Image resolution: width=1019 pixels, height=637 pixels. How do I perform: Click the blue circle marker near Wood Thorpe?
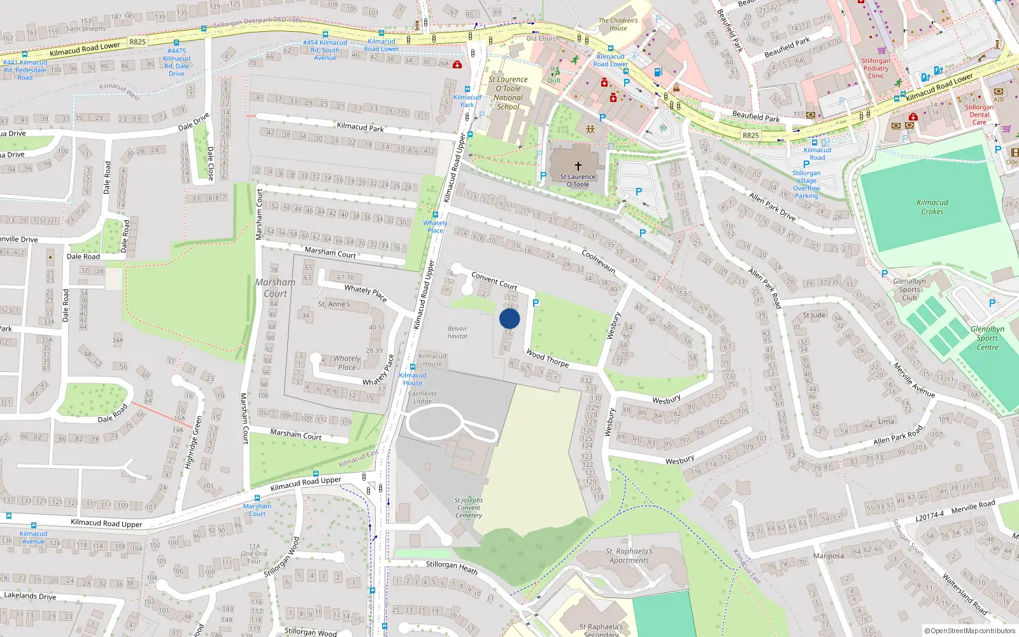tap(509, 318)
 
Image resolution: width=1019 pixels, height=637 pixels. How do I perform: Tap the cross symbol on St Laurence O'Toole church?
tap(578, 166)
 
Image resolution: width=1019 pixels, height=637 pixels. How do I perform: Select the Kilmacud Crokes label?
tap(932, 207)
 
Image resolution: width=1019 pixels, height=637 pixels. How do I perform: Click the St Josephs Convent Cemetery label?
tap(469, 508)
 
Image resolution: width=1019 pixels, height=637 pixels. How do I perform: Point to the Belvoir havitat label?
tap(457, 333)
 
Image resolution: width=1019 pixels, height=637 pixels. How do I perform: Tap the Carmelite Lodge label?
tap(422, 397)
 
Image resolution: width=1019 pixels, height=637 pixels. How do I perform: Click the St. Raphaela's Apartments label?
tap(629, 556)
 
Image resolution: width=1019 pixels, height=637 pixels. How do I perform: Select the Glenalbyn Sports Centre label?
tap(987, 338)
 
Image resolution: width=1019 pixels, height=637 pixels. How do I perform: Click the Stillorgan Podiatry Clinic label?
tap(876, 68)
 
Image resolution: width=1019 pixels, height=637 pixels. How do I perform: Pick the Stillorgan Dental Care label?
tap(980, 115)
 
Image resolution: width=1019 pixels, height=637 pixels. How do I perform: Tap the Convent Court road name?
tap(494, 280)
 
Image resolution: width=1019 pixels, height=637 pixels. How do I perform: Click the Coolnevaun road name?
tap(599, 261)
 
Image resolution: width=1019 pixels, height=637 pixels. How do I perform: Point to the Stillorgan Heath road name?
tap(452, 566)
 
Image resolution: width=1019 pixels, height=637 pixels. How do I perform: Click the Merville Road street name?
tap(973, 508)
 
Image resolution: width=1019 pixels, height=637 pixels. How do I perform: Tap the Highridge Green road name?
tap(193, 443)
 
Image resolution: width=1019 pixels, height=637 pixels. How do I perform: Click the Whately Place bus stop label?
tap(436, 227)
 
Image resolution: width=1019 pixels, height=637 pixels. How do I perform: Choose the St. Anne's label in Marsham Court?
tap(334, 304)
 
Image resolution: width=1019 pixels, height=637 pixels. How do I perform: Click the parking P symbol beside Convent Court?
tap(536, 303)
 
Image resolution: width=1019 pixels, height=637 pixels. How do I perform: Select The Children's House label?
tap(618, 24)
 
